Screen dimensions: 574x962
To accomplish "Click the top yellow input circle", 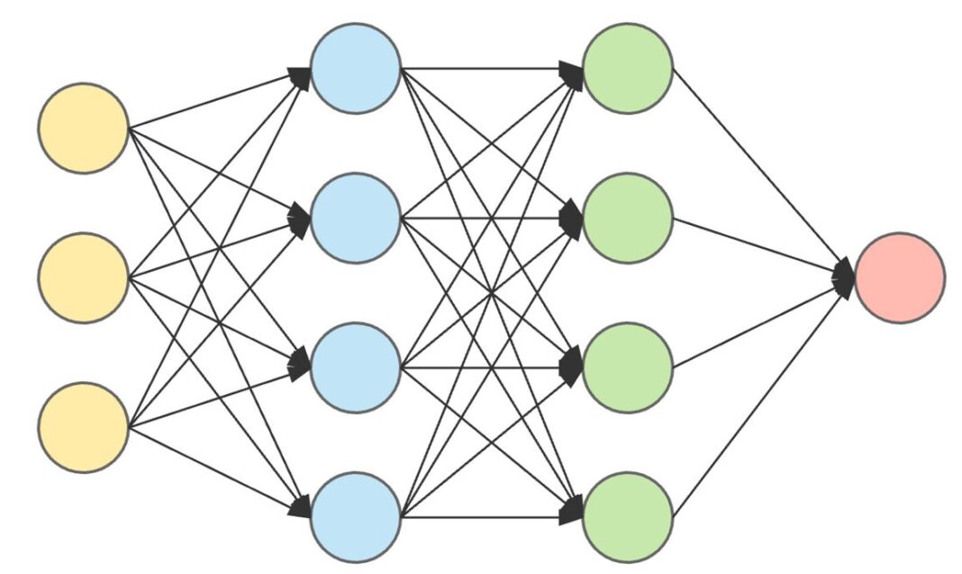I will coord(83,128).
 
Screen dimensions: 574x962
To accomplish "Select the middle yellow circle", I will coord(83,277).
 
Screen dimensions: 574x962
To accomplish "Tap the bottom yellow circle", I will coord(83,426).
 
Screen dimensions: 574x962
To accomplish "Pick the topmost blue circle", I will coord(356,68).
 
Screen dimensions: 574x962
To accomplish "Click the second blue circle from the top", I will coord(356,218).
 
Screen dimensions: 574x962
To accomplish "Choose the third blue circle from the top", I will coord(356,367).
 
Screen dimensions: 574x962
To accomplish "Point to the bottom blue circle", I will coord(356,516).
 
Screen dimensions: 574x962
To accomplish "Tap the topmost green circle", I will coord(628,68).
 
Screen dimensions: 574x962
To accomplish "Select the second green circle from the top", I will coord(628,218).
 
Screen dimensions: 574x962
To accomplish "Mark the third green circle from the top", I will coord(628,367).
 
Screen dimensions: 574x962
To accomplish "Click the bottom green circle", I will coord(628,516).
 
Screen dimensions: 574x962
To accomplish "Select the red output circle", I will coord(900,277).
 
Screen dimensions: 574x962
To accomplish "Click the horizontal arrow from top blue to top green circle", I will coord(486,67).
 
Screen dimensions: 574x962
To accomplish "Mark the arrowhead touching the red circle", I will coord(844,276).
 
